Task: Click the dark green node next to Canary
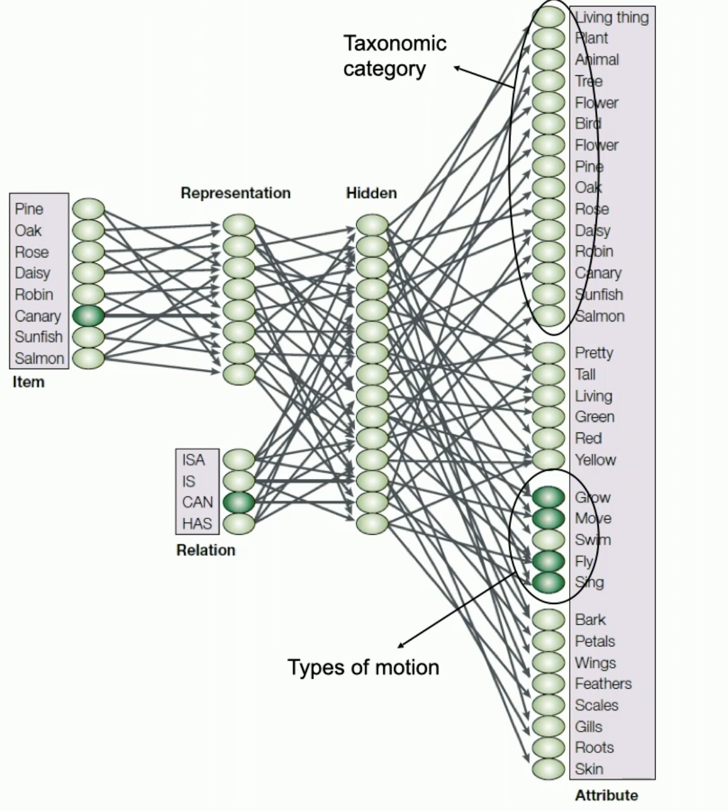click(x=88, y=316)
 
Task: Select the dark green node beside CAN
click(x=239, y=502)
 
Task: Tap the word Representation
click(x=235, y=193)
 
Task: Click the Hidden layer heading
click(x=371, y=193)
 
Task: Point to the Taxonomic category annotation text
click(x=394, y=56)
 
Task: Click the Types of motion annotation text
click(x=363, y=668)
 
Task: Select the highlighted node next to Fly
click(x=548, y=561)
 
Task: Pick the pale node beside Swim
click(x=548, y=539)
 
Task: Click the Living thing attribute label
click(x=612, y=17)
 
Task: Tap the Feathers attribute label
click(x=603, y=683)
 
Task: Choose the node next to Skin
click(x=548, y=769)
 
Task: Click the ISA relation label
click(x=193, y=460)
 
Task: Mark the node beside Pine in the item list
click(x=88, y=209)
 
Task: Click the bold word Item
click(x=28, y=382)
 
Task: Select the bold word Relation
click(x=205, y=550)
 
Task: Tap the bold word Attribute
click(x=606, y=795)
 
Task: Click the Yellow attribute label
click(x=595, y=460)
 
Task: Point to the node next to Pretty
click(x=548, y=353)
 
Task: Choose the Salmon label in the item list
click(x=39, y=358)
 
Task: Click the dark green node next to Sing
click(x=548, y=582)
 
